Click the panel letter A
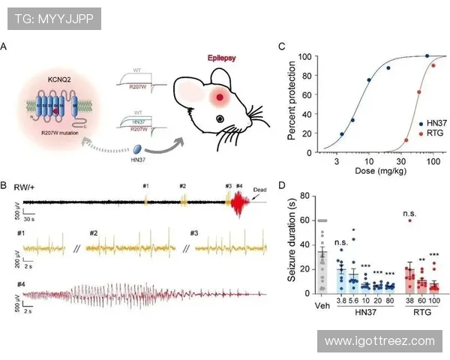pos(5,47)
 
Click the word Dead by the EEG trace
pos(261,189)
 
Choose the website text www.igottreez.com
pos(379,340)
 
